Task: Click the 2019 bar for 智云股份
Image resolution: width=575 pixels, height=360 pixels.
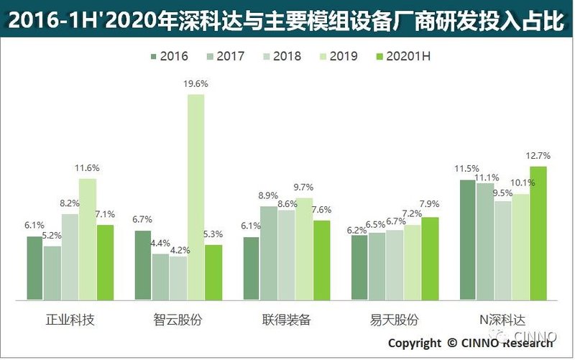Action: (x=195, y=196)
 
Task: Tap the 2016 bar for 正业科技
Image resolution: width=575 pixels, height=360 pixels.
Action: (x=34, y=267)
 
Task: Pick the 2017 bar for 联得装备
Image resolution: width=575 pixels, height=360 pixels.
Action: (x=268, y=252)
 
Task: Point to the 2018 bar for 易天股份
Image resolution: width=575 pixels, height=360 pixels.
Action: (x=395, y=264)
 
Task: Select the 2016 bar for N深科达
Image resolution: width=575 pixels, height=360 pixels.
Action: (x=467, y=239)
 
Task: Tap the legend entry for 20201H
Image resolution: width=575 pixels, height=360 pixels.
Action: (x=403, y=55)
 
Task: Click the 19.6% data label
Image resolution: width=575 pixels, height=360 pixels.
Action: (x=195, y=84)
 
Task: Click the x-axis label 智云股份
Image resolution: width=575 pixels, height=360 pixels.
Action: (x=178, y=320)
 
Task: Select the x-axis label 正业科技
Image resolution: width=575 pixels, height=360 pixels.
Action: (x=70, y=320)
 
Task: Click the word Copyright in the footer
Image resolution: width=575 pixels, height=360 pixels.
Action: (x=415, y=343)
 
